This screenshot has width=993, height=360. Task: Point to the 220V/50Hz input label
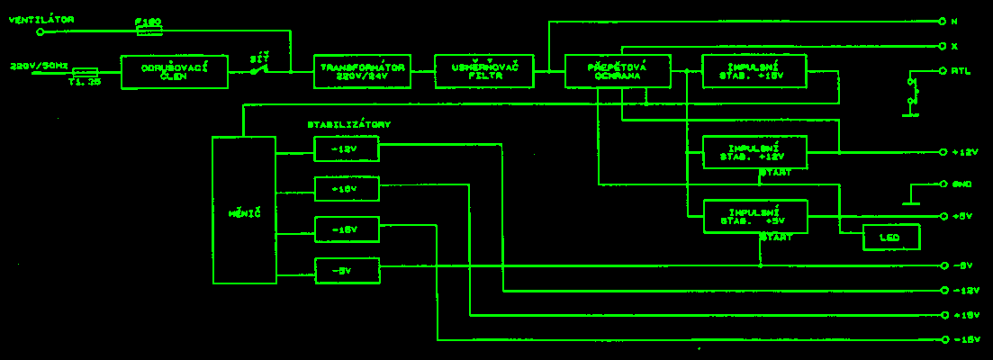pos(37,65)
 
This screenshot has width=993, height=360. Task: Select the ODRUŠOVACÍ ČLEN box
pos(175,71)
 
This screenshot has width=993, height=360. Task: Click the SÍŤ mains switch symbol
pos(260,69)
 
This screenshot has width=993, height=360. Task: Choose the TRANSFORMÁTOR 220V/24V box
pos(362,71)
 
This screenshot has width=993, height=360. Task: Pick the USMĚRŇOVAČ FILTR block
pos(483,71)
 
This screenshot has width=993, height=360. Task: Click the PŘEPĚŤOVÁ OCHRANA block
pos(618,71)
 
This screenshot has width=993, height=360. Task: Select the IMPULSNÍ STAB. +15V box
pos(754,71)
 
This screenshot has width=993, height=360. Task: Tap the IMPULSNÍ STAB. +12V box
pos(754,152)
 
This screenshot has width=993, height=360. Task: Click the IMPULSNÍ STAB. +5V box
pos(754,216)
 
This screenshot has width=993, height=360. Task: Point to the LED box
pos(891,237)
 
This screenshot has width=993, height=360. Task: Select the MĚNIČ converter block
pos(244,211)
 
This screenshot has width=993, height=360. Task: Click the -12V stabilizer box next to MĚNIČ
pos(347,148)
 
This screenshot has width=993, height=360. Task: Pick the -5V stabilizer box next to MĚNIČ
pos(347,270)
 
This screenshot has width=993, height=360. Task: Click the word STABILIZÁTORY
pos(349,124)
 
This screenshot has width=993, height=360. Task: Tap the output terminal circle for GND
pos(943,184)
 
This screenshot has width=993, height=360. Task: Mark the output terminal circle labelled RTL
pos(943,70)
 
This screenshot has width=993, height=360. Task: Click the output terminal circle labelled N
pos(943,21)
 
